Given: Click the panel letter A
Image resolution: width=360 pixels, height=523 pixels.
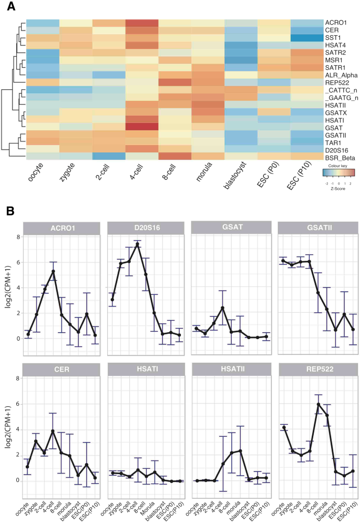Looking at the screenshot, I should pyautogui.click(x=11, y=7).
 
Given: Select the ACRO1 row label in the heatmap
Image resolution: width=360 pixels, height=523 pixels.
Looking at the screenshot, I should pyautogui.click(x=337, y=23).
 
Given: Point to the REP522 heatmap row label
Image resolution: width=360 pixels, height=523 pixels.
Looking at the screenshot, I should pyautogui.click(x=337, y=82).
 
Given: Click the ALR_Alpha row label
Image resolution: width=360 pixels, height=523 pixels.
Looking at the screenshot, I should pyautogui.click(x=341, y=75).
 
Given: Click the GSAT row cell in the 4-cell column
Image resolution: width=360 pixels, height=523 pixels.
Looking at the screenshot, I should pyautogui.click(x=142, y=126).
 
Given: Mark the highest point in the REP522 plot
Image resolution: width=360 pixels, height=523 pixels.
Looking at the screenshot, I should pyautogui.click(x=304, y=404).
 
